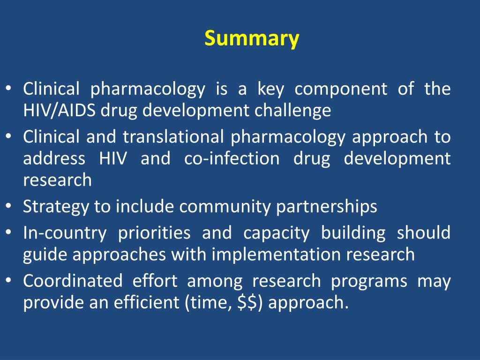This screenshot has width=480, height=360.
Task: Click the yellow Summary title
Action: tap(251, 38)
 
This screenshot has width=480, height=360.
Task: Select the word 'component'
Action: tap(341, 89)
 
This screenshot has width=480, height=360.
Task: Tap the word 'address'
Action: tap(54, 158)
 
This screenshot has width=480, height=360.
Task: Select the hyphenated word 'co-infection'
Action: tap(232, 158)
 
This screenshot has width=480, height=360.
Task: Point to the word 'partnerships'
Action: tap(327, 207)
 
